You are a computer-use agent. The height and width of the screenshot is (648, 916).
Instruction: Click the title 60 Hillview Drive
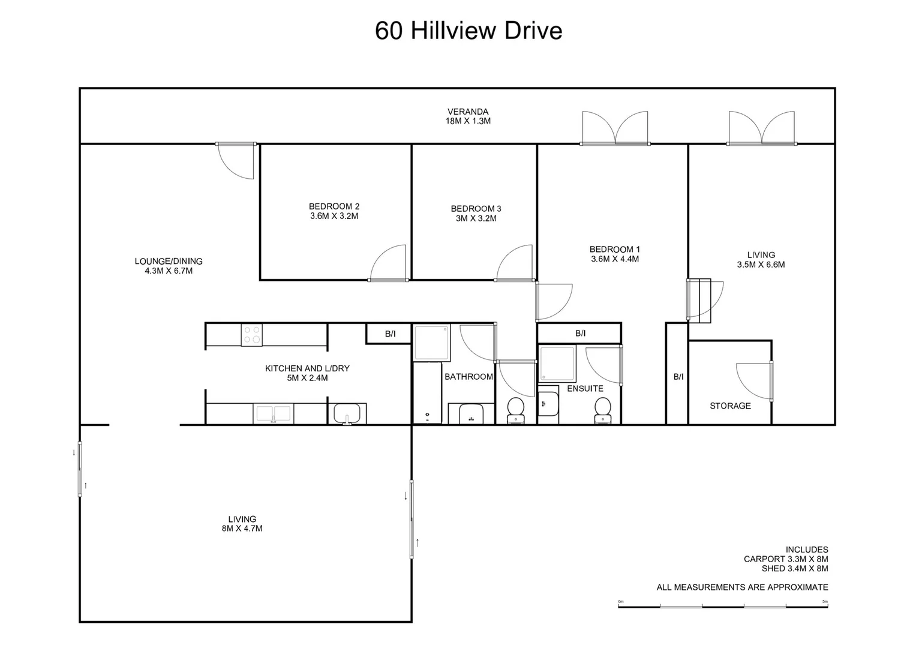(x=468, y=31)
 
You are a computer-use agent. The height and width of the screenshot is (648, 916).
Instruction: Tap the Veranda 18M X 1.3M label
(x=468, y=116)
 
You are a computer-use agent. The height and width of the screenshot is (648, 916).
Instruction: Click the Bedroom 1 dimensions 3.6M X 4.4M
(x=615, y=259)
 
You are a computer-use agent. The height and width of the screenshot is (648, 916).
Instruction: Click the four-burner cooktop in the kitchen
(x=251, y=335)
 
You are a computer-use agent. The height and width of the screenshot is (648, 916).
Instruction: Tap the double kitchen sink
(x=273, y=413)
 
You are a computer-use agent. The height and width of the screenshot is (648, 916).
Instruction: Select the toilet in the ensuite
(x=603, y=410)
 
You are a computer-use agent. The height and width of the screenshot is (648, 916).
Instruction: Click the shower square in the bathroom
(x=432, y=343)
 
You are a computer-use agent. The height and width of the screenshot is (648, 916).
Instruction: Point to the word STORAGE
(x=731, y=406)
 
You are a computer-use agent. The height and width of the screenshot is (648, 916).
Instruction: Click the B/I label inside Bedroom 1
(x=581, y=334)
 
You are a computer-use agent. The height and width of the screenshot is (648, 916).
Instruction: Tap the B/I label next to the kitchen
(x=391, y=334)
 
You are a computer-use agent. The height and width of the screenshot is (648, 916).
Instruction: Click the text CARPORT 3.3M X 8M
(x=786, y=559)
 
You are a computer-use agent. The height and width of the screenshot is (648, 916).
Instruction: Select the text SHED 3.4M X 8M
(x=795, y=569)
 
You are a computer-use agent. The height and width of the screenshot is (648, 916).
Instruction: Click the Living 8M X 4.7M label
(x=242, y=524)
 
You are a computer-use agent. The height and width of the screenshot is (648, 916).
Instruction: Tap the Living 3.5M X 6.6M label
(x=761, y=260)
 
